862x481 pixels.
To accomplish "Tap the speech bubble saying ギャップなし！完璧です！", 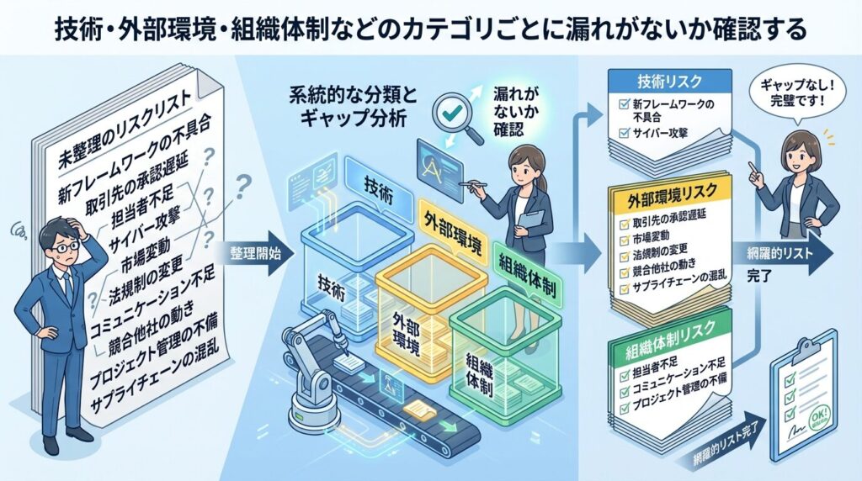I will click(x=792, y=93).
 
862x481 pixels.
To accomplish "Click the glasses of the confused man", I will click(x=63, y=246).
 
